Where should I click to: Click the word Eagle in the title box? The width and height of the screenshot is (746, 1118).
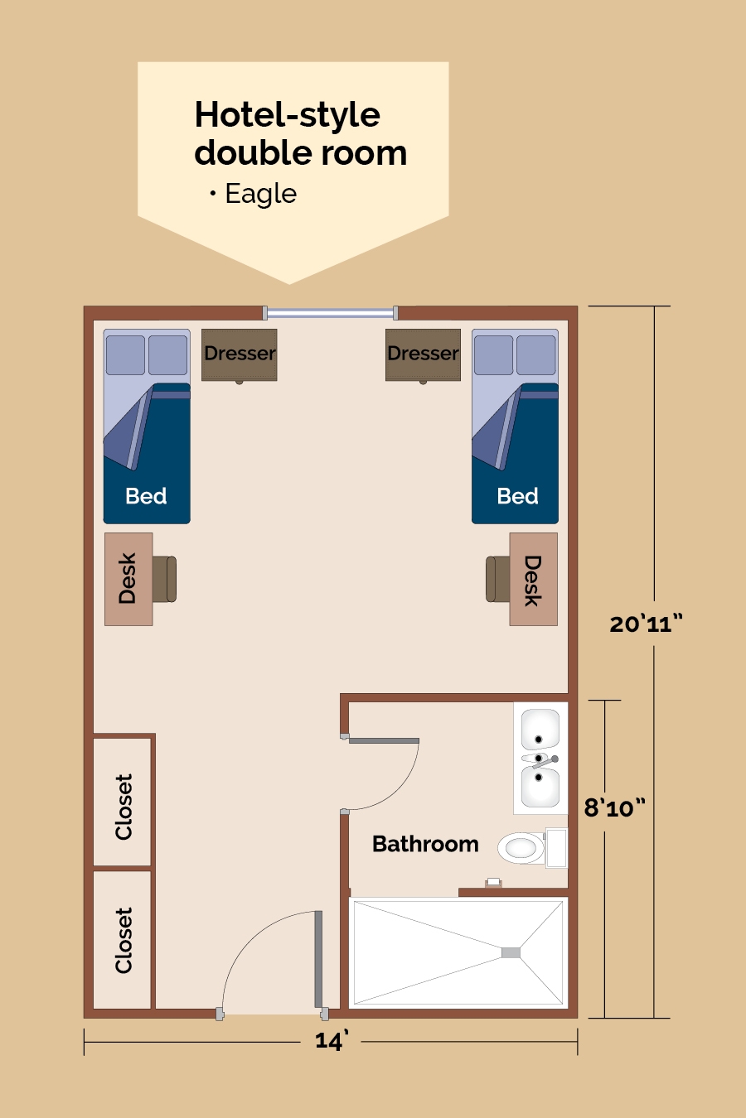pos(260,194)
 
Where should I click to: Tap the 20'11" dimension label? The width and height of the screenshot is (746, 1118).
pos(646,624)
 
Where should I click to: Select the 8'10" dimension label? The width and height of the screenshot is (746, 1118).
pos(614,807)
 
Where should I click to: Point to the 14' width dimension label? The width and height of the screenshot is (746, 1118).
pos(332,1041)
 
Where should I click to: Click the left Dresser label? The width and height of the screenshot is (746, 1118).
pos(240,354)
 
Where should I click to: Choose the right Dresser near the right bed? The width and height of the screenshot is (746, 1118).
pos(423,354)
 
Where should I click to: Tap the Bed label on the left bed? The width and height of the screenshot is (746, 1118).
pos(146,496)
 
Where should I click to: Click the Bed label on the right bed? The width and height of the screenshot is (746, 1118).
pos(517,496)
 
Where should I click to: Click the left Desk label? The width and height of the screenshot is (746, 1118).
pos(128,578)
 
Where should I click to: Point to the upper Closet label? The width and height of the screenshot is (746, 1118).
pos(124,807)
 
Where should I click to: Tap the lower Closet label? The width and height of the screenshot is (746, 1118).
pos(124,940)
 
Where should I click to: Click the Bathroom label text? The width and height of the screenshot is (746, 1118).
pos(425,844)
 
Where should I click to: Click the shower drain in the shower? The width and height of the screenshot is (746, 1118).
pos(511,953)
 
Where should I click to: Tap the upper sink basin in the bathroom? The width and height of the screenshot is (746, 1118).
pos(540,730)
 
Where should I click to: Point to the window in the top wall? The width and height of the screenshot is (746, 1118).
pos(331,313)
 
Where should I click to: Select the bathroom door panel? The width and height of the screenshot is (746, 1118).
pos(384,740)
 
